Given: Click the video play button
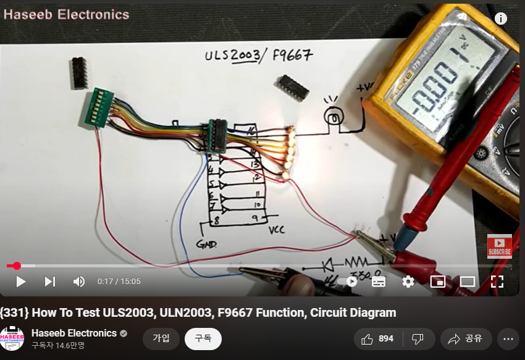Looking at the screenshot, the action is coord(21,282).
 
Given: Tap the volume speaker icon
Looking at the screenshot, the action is coord(79,282).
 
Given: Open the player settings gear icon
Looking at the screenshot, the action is coord(408,282).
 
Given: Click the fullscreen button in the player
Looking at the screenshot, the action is coord(497,282).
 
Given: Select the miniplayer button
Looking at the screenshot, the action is coord(438,282).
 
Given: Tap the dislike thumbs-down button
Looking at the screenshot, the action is coord(418,338).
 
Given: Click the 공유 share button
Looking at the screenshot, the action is coord(466,338).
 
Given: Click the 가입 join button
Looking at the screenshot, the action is coord(161,338).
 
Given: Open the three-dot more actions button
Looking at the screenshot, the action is coord(508,338).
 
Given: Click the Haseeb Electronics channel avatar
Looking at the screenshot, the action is coord(12,338).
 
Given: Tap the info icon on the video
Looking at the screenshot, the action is coord(500,19).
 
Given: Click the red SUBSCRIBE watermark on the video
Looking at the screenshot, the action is coord(499,245).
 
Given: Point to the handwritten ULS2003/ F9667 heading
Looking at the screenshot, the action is coord(258,56).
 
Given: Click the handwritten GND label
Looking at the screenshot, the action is coord(206,244).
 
